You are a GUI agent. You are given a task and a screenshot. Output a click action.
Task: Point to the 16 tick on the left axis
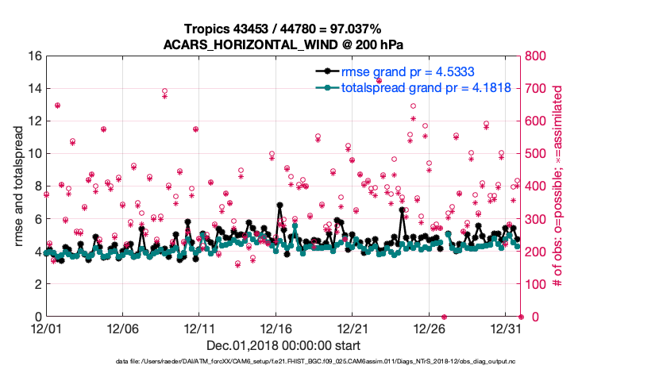point(34,56)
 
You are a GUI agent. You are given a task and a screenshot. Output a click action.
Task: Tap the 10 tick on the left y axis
point(34,154)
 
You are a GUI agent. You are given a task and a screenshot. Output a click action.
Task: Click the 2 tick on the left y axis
point(37,284)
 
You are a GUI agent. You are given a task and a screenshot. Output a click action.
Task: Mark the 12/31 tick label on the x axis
point(506,328)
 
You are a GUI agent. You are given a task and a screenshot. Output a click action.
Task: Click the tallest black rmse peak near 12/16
point(279,205)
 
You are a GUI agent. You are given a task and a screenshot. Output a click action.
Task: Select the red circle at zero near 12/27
point(444,317)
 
